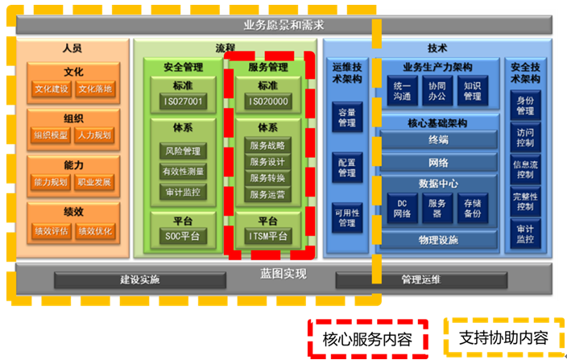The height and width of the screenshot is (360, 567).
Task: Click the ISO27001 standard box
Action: click(x=182, y=101)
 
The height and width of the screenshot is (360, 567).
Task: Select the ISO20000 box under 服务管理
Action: click(x=268, y=101)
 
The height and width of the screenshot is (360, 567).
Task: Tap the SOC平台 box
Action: click(x=182, y=236)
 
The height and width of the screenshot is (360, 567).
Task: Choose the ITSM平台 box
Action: click(x=268, y=236)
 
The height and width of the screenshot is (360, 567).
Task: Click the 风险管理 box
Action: click(x=182, y=151)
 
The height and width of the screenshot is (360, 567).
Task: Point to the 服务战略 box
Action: click(x=268, y=146)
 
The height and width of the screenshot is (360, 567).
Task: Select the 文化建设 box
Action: click(x=52, y=88)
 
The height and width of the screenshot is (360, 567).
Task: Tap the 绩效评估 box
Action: click(x=52, y=230)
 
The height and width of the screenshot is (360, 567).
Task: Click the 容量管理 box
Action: click(x=346, y=118)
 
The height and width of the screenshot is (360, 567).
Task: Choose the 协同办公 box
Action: click(x=437, y=91)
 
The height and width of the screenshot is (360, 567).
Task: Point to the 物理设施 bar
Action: click(x=438, y=240)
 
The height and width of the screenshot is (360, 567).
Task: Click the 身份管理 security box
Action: click(x=525, y=105)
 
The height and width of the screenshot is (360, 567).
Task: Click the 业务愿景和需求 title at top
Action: click(x=283, y=25)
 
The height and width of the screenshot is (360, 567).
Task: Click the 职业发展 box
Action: click(x=96, y=182)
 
